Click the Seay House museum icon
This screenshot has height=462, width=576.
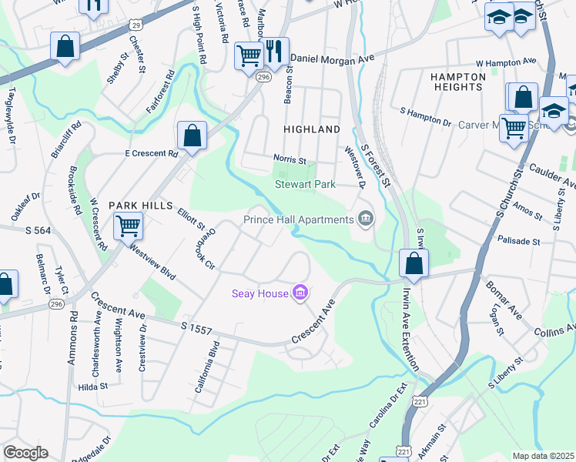coord(300,293)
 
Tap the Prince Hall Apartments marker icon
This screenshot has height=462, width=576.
coord(366,220)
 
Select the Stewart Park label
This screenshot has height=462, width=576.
coord(306,184)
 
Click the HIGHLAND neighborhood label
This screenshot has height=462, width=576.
coord(312,129)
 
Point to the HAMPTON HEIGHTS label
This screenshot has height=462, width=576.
coord(457,82)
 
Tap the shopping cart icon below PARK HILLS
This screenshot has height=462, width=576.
coord(127,227)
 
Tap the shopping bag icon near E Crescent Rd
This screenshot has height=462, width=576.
coord(192,136)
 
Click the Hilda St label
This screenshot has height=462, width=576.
coord(91,387)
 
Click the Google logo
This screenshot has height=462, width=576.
coord(25,453)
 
